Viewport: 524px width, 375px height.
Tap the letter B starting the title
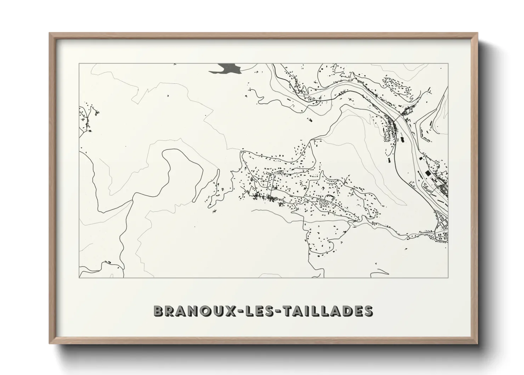coord(158,311)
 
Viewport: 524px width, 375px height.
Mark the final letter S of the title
coord(368,311)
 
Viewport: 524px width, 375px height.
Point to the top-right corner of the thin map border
coord(448,64)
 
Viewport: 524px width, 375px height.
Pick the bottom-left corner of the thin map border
coord(79,278)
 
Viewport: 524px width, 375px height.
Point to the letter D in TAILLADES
coord(345,311)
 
